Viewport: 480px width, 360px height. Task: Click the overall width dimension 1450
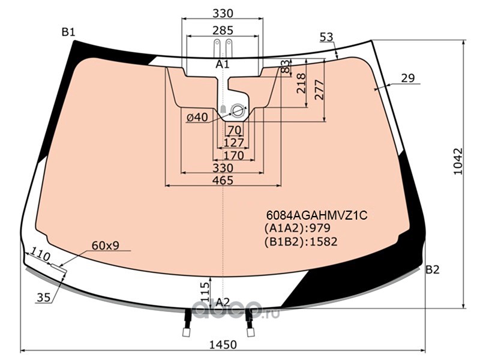click(x=223, y=344)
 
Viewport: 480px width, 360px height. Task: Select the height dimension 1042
click(x=458, y=161)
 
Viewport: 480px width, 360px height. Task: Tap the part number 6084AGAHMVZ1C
click(x=317, y=215)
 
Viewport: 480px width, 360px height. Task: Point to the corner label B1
click(x=68, y=32)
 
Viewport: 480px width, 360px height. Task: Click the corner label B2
click(x=433, y=269)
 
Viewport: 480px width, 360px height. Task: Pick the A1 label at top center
click(x=223, y=64)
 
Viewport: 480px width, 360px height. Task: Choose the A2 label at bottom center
click(x=223, y=302)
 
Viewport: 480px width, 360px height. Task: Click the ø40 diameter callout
click(x=197, y=117)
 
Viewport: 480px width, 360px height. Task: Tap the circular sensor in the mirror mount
click(x=238, y=110)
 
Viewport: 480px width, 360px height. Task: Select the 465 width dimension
click(x=223, y=181)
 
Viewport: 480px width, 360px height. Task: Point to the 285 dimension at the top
click(x=223, y=31)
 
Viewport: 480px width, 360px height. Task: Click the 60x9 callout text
click(x=106, y=245)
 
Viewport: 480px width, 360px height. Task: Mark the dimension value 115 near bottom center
click(x=205, y=292)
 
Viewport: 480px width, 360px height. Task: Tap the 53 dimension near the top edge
click(x=326, y=37)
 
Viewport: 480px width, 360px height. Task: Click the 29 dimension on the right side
click(x=408, y=78)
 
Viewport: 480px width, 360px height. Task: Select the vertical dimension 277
click(x=319, y=89)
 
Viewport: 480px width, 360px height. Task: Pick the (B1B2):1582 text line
click(x=301, y=242)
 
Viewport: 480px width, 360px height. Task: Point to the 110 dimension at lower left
click(x=40, y=255)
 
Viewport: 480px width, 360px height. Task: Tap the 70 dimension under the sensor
click(x=235, y=130)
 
